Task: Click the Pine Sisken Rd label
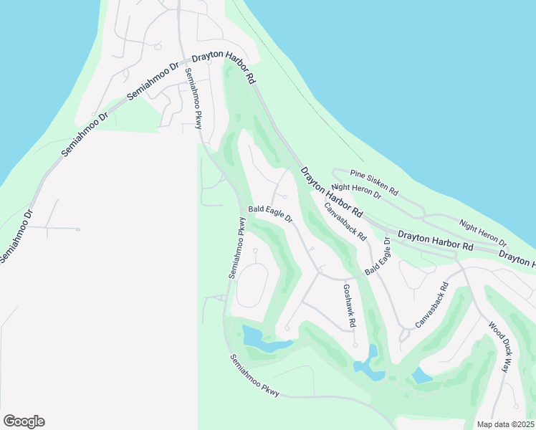point(374,182)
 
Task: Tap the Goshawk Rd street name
point(348,306)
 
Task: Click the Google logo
point(24,421)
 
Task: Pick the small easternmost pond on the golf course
point(421,376)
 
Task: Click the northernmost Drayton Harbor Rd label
point(221,68)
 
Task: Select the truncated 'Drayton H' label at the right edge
point(517,258)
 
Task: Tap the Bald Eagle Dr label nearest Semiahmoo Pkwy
point(270,213)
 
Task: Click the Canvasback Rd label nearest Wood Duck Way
point(431,305)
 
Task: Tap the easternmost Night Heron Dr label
point(483,233)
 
